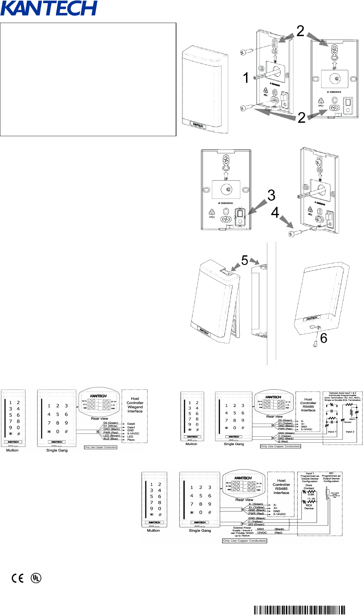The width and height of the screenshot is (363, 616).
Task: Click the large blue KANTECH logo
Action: coord(49,8)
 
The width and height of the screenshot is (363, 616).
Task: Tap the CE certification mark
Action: coord(18,578)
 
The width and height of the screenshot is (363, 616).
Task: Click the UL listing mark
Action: coord(36,578)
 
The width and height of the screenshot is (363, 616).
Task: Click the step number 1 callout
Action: coord(246,78)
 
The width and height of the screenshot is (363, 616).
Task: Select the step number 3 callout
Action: coord(271,195)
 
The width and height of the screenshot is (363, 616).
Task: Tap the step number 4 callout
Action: coord(275,213)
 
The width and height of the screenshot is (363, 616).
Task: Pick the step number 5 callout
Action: coord(244,260)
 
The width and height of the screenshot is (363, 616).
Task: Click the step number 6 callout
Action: coord(324,338)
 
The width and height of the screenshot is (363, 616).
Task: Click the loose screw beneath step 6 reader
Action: coord(315,344)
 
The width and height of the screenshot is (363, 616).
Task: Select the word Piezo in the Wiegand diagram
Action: coord(131,440)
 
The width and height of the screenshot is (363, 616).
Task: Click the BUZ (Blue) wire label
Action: coord(111,439)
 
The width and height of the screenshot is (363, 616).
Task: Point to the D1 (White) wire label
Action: coord(110,426)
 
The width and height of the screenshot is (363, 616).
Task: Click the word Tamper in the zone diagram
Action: coord(347,422)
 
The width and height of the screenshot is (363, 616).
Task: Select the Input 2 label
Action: coord(350,432)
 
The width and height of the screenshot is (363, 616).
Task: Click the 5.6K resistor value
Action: coord(311,495)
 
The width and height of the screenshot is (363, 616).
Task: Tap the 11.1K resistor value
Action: coord(311,499)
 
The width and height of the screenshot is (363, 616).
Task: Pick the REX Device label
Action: coord(309,507)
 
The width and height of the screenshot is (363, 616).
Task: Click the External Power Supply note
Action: coord(242,532)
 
